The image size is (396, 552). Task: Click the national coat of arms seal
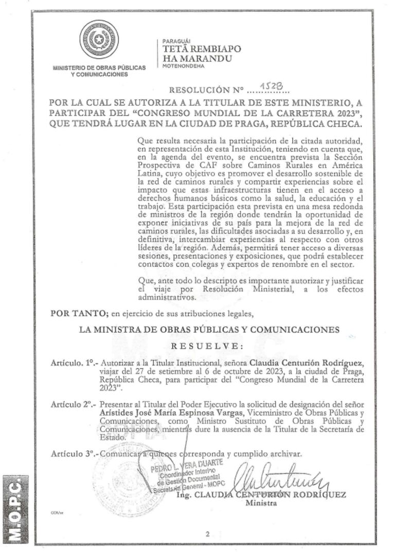point(99,40)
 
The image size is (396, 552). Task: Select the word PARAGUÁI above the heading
point(176,41)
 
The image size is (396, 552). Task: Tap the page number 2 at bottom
point(207,534)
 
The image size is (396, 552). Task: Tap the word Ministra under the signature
point(261,503)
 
